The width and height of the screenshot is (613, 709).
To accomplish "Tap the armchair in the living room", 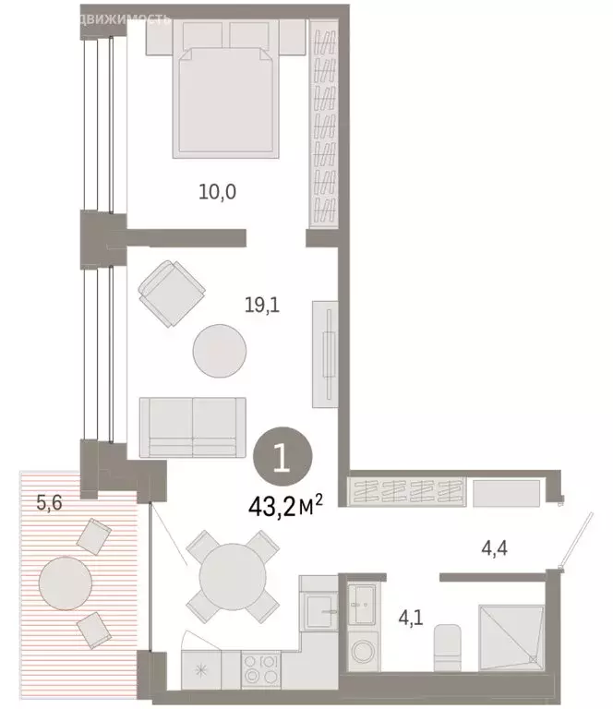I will coord(169,294).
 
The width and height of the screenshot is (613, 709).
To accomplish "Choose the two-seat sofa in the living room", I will coord(192,427).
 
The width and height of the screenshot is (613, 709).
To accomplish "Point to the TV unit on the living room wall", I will coord(325,353).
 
